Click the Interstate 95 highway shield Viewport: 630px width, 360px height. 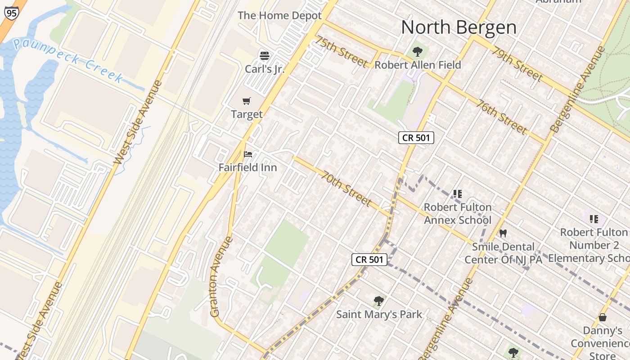coord(11,13)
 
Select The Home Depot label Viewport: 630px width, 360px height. coord(279,15)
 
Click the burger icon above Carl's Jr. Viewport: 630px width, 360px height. coord(265,56)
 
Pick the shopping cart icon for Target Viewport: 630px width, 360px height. coord(246,101)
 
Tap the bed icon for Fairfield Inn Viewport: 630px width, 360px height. coord(247,154)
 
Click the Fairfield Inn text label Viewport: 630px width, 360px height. coord(247,167)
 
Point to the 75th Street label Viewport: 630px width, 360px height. coord(342,52)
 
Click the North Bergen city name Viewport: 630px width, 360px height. coord(459,27)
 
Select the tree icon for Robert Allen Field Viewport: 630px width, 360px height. coord(418,51)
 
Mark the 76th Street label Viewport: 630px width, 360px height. coord(502,116)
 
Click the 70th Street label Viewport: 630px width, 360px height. coord(346,188)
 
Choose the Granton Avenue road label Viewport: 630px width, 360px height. coord(221,276)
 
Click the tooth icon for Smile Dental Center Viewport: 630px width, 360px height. coord(503,233)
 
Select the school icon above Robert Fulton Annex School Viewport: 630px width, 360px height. coord(458,194)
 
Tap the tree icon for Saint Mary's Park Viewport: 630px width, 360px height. coord(379,301)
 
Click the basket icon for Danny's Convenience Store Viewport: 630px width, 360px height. coord(603,317)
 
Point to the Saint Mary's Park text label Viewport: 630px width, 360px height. coord(379,314)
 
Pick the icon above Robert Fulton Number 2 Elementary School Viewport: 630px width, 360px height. coord(594,219)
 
